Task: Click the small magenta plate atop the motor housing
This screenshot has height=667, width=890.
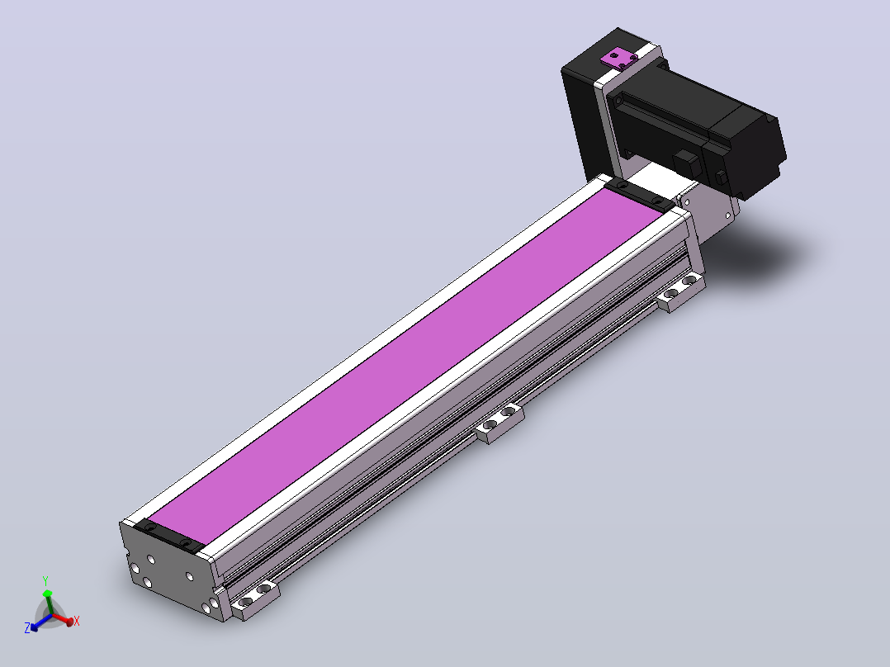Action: click(620, 58)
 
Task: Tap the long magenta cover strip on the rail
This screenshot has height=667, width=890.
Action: click(406, 367)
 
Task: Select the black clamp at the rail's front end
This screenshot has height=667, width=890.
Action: click(168, 537)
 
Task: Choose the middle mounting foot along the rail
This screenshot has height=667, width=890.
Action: click(499, 422)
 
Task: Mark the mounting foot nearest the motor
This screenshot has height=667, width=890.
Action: click(680, 291)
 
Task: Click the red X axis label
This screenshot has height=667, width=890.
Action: click(77, 621)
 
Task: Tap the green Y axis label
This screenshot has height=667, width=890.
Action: click(45, 580)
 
